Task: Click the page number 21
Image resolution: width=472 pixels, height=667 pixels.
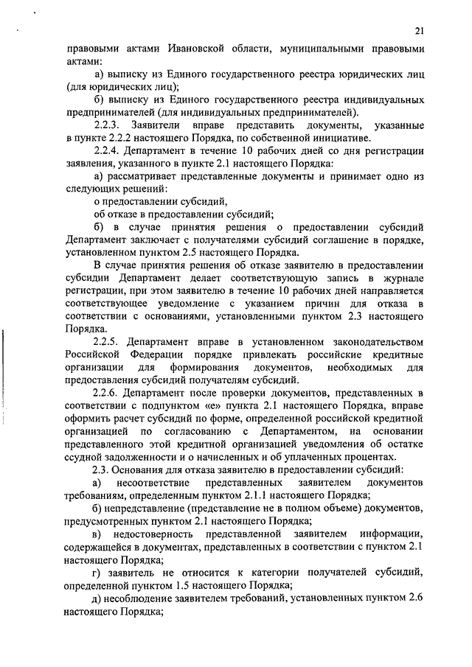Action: pos(420,30)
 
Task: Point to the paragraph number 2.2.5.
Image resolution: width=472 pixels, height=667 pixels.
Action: pos(108,341)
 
